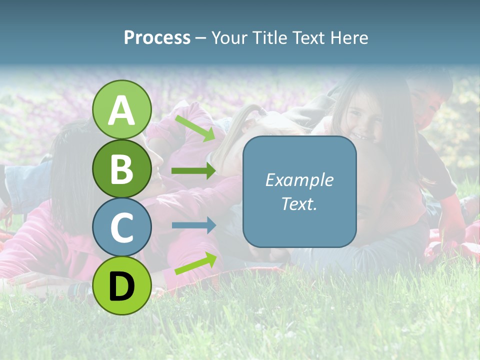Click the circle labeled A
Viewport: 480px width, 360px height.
tap(122, 109)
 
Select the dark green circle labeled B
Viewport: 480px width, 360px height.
tap(122, 168)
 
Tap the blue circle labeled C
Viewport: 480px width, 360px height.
tap(122, 227)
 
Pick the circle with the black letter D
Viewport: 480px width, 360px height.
tap(122, 285)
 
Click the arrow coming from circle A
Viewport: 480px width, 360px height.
tap(195, 128)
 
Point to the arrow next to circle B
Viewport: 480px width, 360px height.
tap(193, 171)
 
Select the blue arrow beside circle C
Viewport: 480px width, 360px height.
tap(193, 225)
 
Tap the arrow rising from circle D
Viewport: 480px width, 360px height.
tap(195, 263)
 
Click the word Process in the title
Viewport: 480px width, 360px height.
tap(157, 37)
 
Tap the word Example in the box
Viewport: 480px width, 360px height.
tap(299, 180)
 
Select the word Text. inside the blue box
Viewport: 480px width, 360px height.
tap(299, 203)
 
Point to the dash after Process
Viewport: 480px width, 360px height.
tap(200, 38)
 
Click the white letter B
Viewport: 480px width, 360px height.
tap(122, 169)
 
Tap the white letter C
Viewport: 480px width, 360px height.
tap(122, 227)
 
